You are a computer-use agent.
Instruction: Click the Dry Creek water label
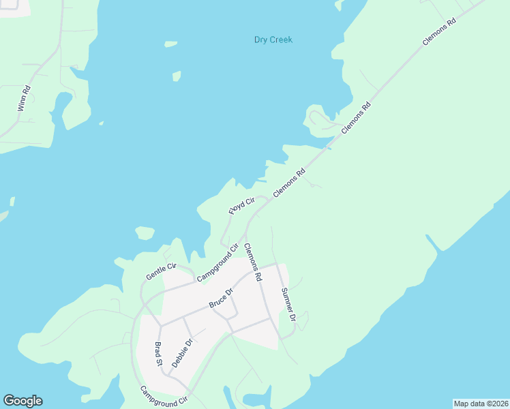tap(273, 40)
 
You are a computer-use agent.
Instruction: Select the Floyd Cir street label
tap(241, 204)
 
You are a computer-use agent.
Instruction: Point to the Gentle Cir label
tap(161, 271)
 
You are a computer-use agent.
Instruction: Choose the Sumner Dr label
tap(288, 304)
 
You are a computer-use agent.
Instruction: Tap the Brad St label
tap(158, 354)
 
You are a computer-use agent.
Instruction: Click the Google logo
tap(22, 401)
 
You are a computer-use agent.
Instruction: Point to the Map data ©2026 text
tap(481, 403)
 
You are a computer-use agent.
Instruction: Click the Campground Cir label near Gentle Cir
tap(216, 263)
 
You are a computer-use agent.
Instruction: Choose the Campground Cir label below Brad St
tap(164, 397)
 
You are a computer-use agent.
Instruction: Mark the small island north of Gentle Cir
tap(145, 233)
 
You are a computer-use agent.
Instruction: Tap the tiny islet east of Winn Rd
tap(101, 123)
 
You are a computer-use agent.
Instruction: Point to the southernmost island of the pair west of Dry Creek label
tap(177, 75)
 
